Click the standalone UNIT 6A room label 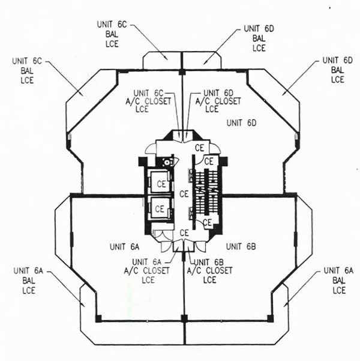pos(124,247)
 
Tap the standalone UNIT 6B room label pos(241,246)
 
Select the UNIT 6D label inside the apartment pos(241,123)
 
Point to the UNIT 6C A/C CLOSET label pos(148,101)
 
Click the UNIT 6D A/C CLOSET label pos(218,101)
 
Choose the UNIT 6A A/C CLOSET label pos(147,271)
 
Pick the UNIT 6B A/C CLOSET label pos(209,271)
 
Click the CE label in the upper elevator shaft pos(161,184)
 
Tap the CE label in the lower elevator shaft pos(160,209)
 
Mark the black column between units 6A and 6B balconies pos(184,318)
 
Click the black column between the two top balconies pos(182,72)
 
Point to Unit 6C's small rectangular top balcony pos(161,61)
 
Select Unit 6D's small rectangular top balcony pos(202,61)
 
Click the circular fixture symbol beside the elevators pos(167,163)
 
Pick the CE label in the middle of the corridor pos(184,194)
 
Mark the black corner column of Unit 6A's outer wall pos(98,318)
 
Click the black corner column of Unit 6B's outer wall pos(270,318)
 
